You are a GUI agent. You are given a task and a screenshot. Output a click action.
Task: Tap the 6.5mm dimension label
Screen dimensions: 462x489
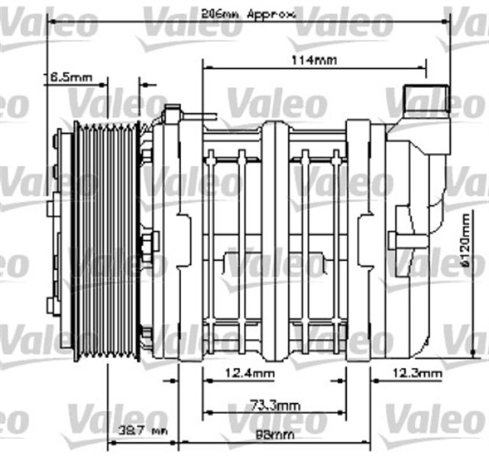[68, 77]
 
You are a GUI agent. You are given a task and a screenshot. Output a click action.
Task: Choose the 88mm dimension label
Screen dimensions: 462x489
[273, 434]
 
